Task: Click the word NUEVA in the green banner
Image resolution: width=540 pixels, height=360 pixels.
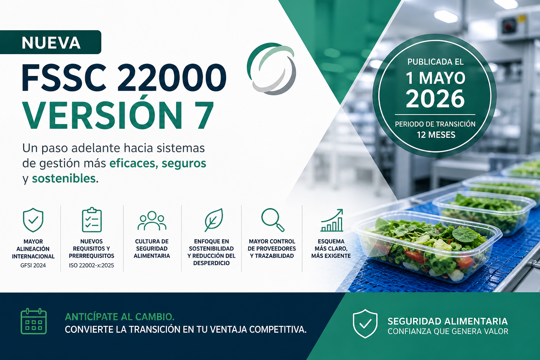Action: (51, 43)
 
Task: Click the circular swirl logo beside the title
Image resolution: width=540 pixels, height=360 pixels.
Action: (271, 69)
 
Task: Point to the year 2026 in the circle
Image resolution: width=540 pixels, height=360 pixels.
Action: (435, 99)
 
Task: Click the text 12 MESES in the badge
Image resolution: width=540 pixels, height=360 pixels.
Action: (436, 135)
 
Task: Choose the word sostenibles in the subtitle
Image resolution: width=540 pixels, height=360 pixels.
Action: (64, 179)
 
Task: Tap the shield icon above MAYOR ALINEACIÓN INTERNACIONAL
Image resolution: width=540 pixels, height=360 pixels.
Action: (33, 220)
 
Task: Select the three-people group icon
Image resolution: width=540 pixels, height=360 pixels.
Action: (152, 220)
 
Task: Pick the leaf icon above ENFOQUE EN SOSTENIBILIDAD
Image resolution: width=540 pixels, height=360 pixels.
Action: (214, 220)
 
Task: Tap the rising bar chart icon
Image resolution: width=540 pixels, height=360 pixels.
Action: (332, 220)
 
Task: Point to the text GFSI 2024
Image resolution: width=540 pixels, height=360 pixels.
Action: (33, 265)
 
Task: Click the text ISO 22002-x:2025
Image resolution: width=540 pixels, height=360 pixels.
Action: (91, 265)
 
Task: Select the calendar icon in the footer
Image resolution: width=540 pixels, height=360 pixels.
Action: (33, 321)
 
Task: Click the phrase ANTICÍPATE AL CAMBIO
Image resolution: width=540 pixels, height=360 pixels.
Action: (120, 317)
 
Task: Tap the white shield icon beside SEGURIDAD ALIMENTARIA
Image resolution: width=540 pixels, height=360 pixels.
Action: (365, 323)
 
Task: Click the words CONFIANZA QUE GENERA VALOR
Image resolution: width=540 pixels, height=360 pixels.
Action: (448, 331)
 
